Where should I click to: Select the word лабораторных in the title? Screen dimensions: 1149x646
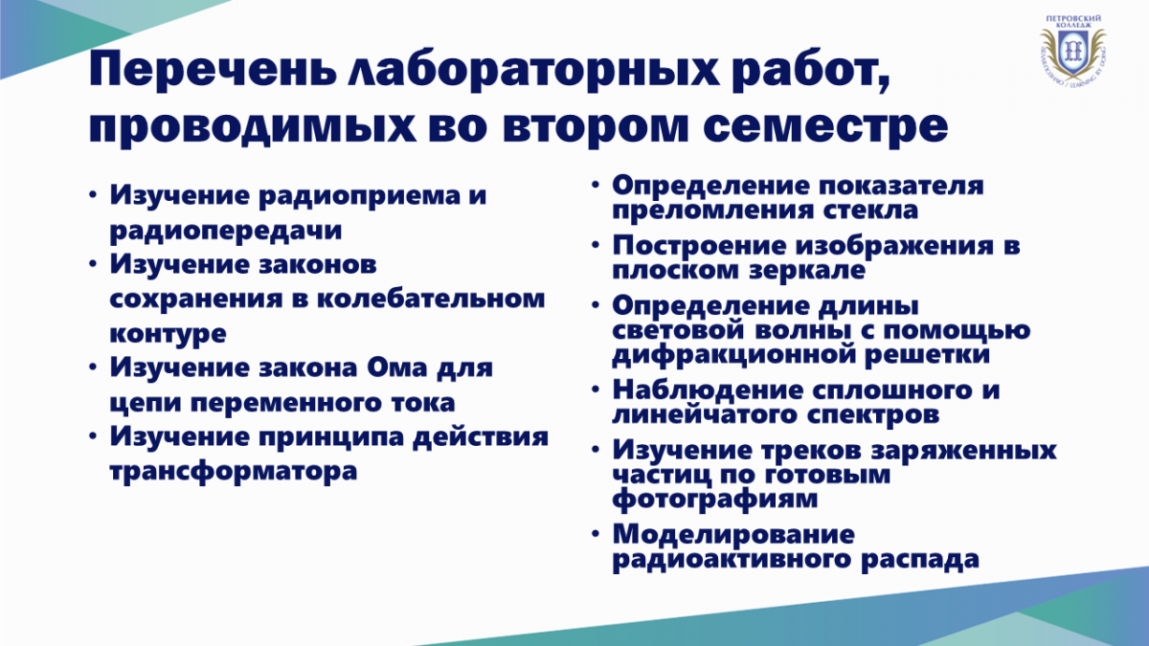[x=533, y=72]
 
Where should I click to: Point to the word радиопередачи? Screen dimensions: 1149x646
[x=226, y=231]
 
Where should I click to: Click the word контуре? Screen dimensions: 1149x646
[x=168, y=333]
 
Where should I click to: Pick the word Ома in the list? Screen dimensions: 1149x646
[x=397, y=368]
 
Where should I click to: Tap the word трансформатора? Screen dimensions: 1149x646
[x=234, y=471]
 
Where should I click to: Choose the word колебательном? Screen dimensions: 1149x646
[x=430, y=299]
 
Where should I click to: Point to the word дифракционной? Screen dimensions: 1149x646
[x=733, y=356]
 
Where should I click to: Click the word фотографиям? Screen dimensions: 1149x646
[x=715, y=499]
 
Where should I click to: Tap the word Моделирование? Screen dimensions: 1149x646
[x=733, y=534]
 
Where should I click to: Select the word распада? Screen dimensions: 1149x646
[x=920, y=558]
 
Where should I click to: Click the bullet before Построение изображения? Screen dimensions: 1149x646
[x=595, y=245]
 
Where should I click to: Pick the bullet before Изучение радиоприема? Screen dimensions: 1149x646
[x=92, y=195]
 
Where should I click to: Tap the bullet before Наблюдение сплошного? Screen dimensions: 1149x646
[x=595, y=390]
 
